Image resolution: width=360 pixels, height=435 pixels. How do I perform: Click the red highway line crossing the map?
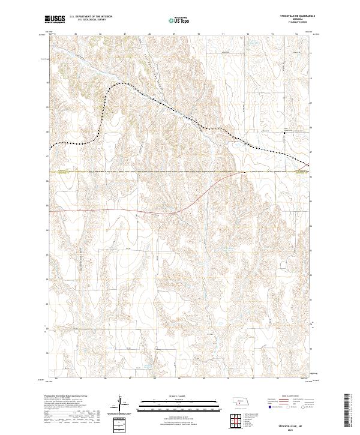120,211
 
